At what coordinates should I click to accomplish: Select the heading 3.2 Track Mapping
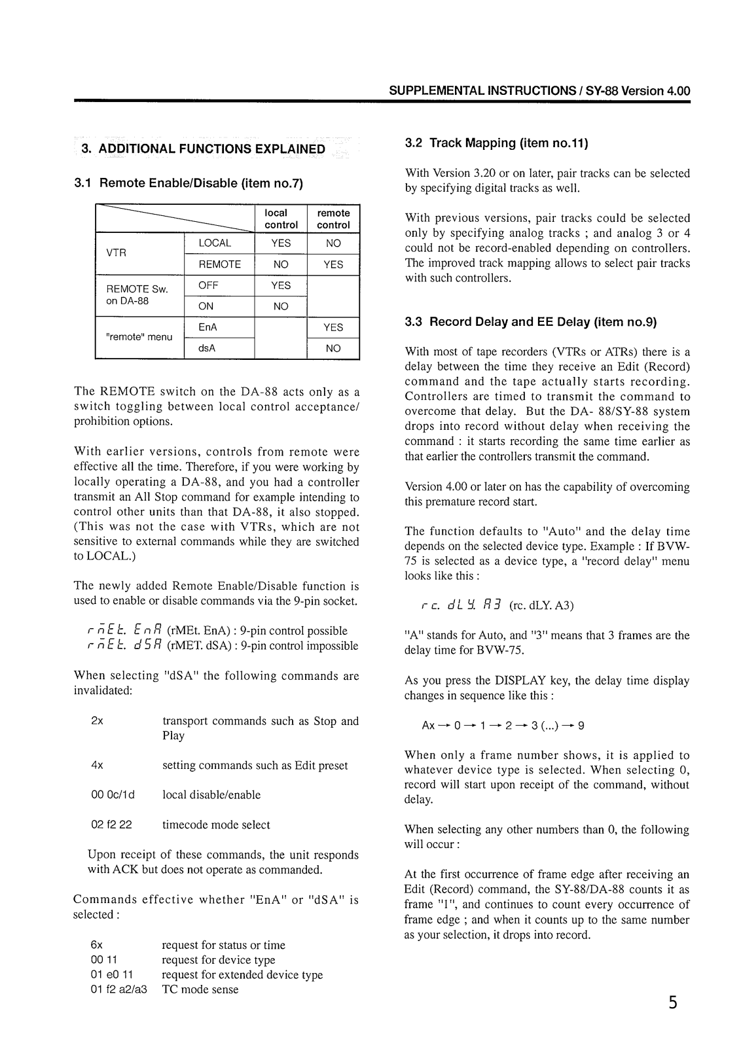496,143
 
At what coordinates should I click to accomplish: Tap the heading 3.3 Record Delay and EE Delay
530,321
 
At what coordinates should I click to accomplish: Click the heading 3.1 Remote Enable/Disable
189,183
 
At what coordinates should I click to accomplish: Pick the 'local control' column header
281,219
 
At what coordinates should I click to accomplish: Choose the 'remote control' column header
333,219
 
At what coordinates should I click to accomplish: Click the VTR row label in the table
116,253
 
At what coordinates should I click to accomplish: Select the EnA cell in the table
208,327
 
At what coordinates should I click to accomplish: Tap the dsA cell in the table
207,348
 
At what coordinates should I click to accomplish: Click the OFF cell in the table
208,285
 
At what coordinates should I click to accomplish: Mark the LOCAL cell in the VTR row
215,243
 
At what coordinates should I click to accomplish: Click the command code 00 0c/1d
113,795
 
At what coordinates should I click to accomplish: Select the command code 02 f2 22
111,825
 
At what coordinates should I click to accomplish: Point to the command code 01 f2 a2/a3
118,989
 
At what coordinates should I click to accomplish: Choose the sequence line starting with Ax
503,726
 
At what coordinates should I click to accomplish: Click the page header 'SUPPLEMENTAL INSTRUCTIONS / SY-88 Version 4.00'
539,91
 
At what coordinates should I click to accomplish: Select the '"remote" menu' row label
139,337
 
